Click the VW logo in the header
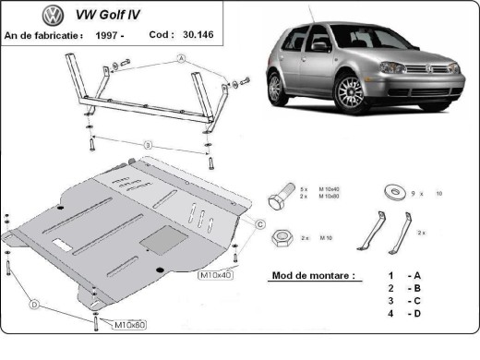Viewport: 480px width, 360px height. click(x=27, y=17)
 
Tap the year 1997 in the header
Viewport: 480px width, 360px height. click(x=108, y=34)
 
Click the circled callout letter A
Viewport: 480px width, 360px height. click(x=181, y=58)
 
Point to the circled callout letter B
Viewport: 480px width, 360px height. click(x=147, y=145)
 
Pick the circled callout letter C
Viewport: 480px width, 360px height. click(x=260, y=224)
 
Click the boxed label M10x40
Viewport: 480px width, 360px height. click(x=215, y=273)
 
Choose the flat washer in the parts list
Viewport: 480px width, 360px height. click(x=392, y=192)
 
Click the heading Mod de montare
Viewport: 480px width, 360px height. click(x=313, y=275)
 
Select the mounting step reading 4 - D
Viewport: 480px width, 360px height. click(x=404, y=315)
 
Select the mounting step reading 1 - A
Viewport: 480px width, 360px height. click(x=404, y=275)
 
